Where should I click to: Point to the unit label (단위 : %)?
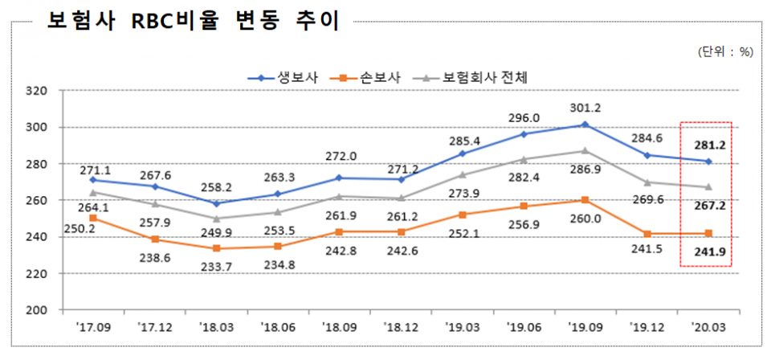point(725,51)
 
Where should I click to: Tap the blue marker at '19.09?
point(585,125)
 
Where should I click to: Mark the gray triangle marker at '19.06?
point(523,159)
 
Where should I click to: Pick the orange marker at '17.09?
point(93,218)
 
